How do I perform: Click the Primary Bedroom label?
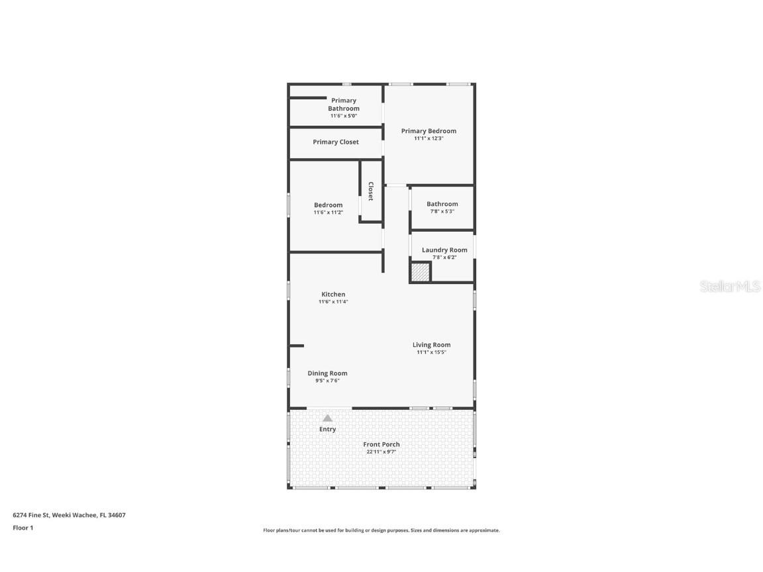pos(429,131)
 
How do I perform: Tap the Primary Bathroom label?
pos(344,105)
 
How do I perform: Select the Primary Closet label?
pos(336,142)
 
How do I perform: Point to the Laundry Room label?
pos(444,250)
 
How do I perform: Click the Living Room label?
pos(431,345)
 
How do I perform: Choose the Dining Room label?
pos(327,373)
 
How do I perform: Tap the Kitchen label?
pos(333,295)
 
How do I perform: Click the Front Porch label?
pos(381,444)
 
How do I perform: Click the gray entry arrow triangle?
pos(327,418)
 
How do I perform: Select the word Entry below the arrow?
pos(327,429)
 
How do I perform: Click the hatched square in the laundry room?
pos(420,271)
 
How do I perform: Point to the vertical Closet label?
pos(371,191)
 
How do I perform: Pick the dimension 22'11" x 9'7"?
pos(381,452)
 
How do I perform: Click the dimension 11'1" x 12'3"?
pos(429,138)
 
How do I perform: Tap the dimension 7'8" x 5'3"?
pos(442,211)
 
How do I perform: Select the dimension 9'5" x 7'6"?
pos(327,381)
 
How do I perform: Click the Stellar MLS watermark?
pos(731,287)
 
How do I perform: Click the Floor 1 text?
pos(23,528)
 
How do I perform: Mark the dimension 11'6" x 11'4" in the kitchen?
pos(333,302)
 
